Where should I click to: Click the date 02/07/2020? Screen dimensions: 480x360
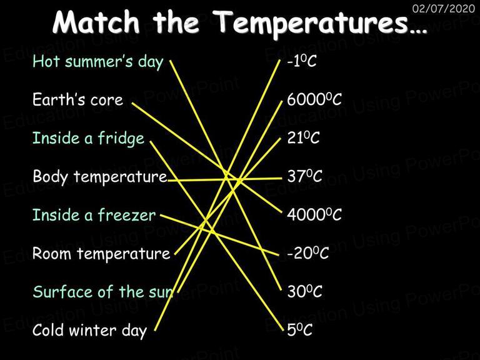[444, 8]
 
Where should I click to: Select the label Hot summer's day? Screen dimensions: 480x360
[98, 62]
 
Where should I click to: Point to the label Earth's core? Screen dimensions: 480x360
[77, 99]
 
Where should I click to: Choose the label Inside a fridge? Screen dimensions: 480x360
[88, 138]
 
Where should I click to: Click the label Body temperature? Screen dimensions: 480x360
[100, 177]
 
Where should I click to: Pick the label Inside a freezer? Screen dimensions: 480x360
[94, 215]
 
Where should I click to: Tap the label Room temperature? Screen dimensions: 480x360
[101, 254]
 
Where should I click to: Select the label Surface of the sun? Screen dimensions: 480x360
[103, 292]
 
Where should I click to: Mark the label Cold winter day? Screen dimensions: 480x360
[89, 331]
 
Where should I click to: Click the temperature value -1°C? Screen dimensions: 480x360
[302, 61]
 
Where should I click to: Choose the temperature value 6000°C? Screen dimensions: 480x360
[314, 99]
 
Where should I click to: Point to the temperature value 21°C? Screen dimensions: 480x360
[303, 137]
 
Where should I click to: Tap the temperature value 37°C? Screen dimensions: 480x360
[304, 176]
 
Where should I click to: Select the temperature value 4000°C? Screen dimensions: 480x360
[314, 214]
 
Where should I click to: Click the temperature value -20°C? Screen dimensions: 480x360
[308, 253]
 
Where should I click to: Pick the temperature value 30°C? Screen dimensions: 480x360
[304, 291]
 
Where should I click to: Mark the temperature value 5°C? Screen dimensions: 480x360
[300, 330]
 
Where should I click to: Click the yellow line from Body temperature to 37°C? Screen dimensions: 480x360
[225, 179]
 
